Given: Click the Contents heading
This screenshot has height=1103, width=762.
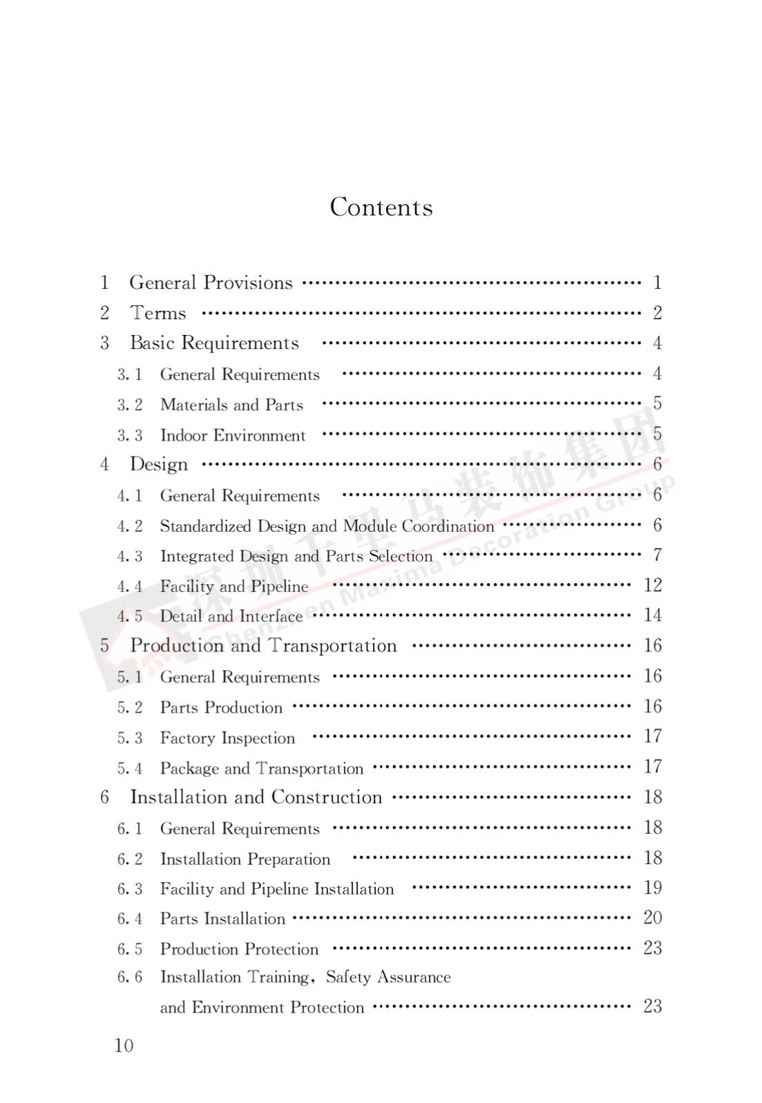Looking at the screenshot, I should coord(381,207).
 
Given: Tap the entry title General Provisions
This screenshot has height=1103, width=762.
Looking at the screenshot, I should coord(211,282).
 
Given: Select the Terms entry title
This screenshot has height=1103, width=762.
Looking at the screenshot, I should coord(158,313).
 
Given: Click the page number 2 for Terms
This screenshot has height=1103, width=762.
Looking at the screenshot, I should coord(657,313).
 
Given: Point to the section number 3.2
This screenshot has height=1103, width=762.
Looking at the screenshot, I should coord(130,405).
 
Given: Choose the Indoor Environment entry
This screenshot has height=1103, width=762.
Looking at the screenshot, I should coord(232,435).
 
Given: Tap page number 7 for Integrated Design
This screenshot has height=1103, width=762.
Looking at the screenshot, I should coord(657,555).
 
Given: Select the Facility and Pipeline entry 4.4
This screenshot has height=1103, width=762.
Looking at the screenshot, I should coord(234,586).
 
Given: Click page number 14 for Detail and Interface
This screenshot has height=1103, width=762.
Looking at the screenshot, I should coord(652,615).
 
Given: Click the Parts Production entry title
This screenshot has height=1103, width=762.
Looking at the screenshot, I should coord(221,707).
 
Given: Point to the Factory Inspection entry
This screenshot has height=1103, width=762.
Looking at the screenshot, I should coord(227,738).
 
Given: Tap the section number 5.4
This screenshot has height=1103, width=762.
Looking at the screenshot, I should coord(130,768).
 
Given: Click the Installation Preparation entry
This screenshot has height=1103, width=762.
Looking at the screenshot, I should coord(245,859).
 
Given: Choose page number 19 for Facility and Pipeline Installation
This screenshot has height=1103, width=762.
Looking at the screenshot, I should coord(652,888).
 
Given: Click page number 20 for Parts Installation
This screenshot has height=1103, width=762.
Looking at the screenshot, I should coord(652,917).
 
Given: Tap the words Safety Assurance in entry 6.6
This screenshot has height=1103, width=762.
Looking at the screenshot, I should coord(388,977).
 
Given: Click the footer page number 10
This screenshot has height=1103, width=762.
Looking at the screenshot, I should coord(124,1045).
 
